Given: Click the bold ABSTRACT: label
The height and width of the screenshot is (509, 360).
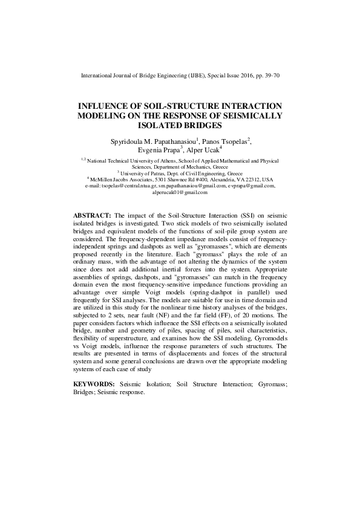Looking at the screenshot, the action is pyautogui.click(x=92, y=216).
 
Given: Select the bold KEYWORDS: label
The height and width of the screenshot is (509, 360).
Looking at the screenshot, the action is pyautogui.click(x=94, y=384).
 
